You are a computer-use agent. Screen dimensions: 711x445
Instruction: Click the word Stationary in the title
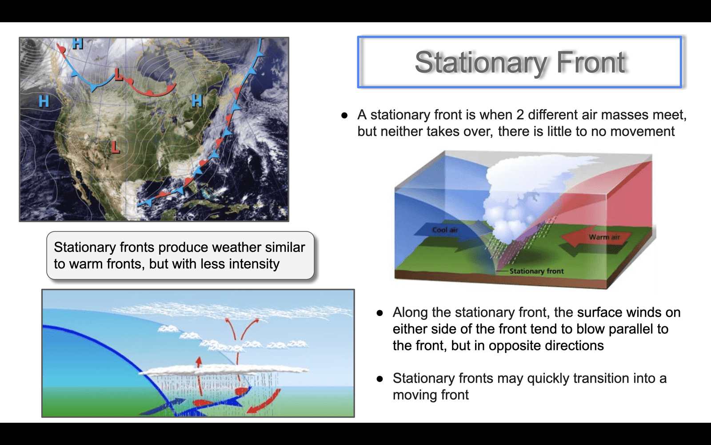point(481,62)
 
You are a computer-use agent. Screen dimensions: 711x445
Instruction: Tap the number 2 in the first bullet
point(520,115)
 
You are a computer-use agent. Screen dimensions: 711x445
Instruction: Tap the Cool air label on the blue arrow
point(445,230)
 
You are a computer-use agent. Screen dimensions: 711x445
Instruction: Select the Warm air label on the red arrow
point(604,237)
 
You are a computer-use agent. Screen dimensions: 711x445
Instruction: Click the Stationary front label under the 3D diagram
point(536,271)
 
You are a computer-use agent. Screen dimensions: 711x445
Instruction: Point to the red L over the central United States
point(116,147)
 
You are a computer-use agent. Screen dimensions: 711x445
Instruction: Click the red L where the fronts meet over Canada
point(119,74)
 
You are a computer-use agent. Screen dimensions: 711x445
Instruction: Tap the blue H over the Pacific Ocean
point(44,101)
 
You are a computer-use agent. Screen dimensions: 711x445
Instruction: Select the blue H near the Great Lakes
point(197,101)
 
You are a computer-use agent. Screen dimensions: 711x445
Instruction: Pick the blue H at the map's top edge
point(78,43)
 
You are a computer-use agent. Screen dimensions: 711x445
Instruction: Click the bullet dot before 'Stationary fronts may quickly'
point(379,379)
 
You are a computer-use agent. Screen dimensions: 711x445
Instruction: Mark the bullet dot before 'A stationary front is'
point(344,115)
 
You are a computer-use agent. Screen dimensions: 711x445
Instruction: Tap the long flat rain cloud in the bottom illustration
point(224,370)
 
